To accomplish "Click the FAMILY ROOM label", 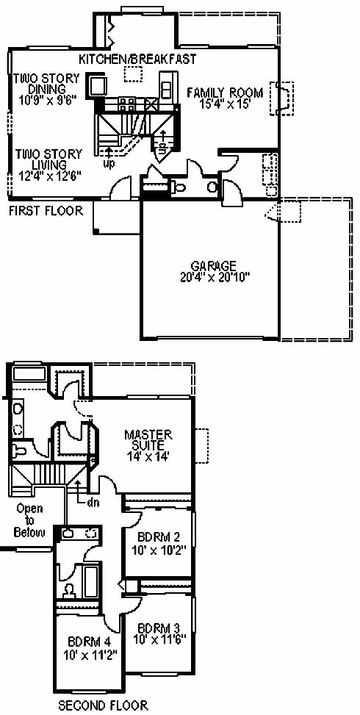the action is coord(225,93).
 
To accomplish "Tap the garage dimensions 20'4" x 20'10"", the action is coord(215,277).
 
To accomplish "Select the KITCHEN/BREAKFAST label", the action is coord(137,59).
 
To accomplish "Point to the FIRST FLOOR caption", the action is coord(46,211).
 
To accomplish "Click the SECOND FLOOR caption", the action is coord(103,706).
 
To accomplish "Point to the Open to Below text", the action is coord(29,520).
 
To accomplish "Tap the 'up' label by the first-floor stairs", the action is coord(109,163).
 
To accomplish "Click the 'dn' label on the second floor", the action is coord(93,503).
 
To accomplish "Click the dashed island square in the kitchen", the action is coord(134,74).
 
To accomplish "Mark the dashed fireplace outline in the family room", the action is coord(281,98).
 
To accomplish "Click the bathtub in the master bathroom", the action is coord(28,373).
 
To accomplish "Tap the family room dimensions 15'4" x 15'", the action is coord(225,104).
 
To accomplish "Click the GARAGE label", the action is coord(214,266).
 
